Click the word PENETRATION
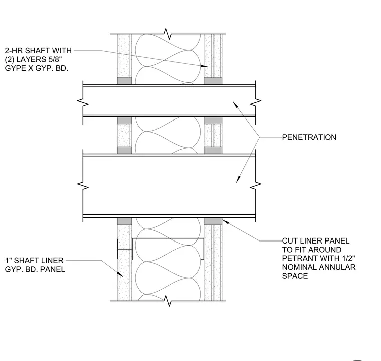pos(309,137)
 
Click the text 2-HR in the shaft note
pos(14,51)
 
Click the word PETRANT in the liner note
pos(300,258)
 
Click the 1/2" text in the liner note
pos(346,258)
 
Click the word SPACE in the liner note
pos(295,276)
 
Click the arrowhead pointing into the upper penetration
pos(235,104)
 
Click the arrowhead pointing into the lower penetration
pos(238,179)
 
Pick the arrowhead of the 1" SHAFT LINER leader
pos(120,274)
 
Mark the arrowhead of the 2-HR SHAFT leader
pos(205,66)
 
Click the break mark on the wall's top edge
pos(168,34)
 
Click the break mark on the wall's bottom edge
pos(168,301)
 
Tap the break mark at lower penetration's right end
pos(255,186)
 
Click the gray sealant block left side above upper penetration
pos(124,81)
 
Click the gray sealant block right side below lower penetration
pos(213,221)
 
